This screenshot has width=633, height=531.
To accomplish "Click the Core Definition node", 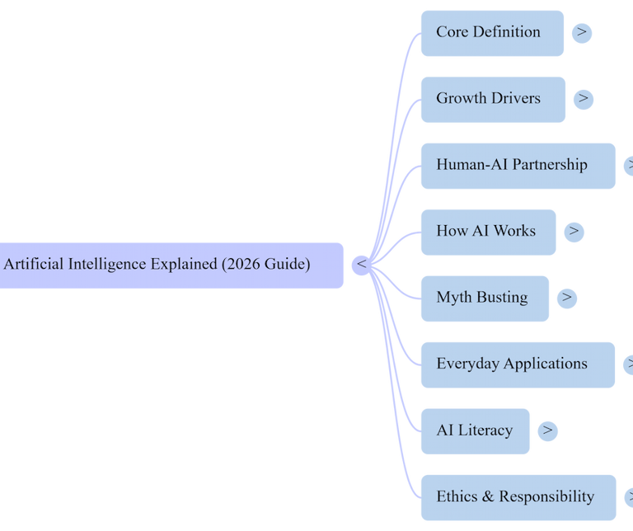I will pos(492,33).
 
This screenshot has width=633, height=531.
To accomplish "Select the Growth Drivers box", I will pos(493,99).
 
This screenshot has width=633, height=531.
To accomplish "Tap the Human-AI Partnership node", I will pos(518,166).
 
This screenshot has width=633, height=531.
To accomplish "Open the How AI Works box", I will pos(488,232).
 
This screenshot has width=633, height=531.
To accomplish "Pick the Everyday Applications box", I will pos(518,364).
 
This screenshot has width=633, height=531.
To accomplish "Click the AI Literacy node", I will pos(476,430).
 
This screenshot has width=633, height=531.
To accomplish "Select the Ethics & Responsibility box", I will pos(518,497).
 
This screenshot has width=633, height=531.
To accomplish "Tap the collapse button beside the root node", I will pos(361,265).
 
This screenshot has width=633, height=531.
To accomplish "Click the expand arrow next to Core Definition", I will pos(582,33).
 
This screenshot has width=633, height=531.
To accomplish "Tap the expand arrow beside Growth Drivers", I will pos(584,99).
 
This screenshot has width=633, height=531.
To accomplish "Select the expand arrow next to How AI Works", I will pos(574,232).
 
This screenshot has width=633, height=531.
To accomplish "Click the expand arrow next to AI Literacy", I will pos(547,430).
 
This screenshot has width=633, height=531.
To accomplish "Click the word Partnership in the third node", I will pos(549,165).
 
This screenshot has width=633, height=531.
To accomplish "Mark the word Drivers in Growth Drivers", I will pos(515,98).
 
